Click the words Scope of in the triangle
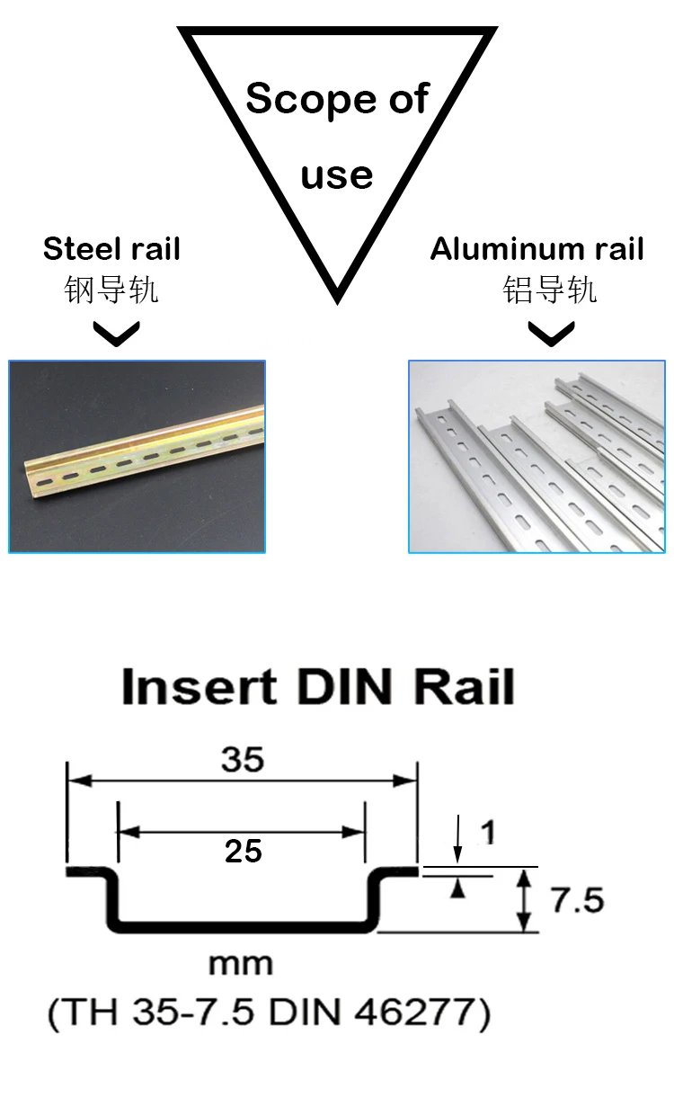[337, 98]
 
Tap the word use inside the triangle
[337, 174]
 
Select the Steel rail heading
[111, 249]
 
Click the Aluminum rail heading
[537, 249]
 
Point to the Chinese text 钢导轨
[111, 290]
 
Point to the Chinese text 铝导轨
[549, 290]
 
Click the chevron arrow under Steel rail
[117, 335]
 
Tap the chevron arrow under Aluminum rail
[550, 335]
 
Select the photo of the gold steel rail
[137, 457]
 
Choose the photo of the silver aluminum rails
[537, 457]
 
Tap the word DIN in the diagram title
[344, 688]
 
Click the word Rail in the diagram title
[464, 688]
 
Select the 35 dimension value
[243, 760]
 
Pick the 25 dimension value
[244, 851]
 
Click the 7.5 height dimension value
[577, 900]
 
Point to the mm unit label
[240, 965]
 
